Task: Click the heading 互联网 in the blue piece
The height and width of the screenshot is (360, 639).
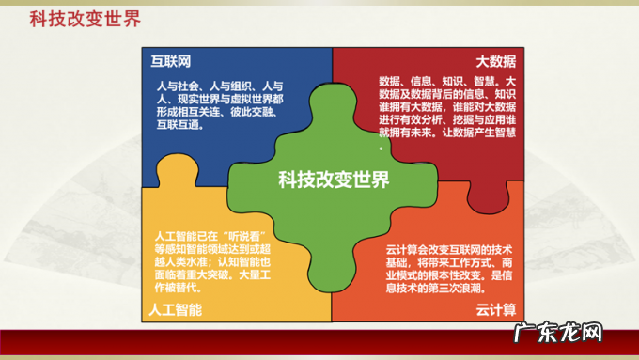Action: point(171,61)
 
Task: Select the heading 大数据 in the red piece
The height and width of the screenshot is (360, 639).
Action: point(495,61)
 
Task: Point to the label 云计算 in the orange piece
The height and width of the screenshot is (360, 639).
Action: point(495,309)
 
